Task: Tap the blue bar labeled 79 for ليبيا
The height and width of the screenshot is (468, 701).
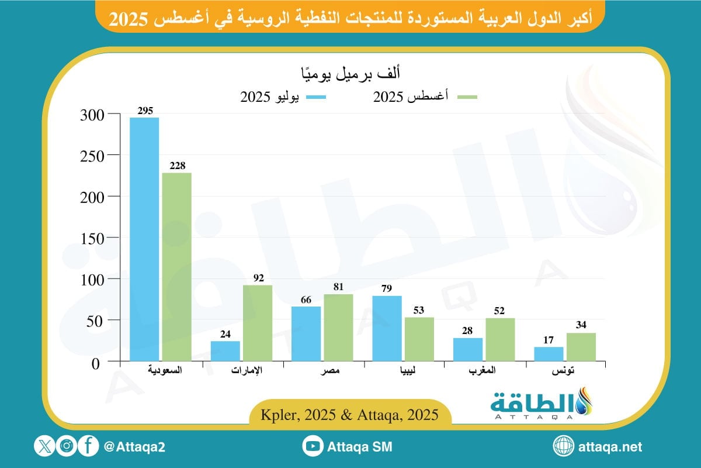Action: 387,328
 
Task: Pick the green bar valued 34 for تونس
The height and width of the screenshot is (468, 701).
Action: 581,347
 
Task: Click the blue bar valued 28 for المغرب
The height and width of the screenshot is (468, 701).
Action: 468,349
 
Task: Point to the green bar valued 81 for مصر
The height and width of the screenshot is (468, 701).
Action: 339,327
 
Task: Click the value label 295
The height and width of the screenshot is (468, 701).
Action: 144,111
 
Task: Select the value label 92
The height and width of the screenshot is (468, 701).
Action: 258,278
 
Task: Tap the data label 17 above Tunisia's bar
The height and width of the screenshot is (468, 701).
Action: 549,340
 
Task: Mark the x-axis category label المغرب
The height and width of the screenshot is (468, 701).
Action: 484,370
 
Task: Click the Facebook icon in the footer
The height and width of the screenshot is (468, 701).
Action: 88,447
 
